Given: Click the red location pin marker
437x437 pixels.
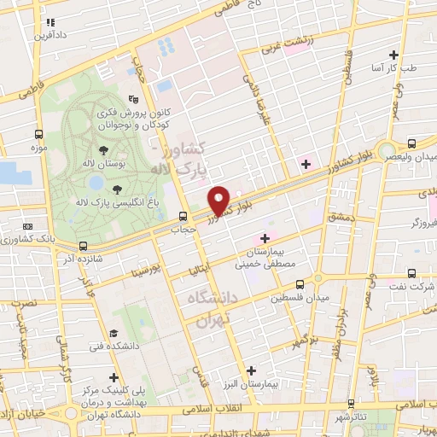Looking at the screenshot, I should pyautogui.click(x=219, y=201).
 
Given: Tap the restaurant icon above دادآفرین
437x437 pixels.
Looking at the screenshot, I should pyautogui.click(x=50, y=22).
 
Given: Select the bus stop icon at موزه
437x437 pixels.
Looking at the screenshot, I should pyautogui.click(x=38, y=134).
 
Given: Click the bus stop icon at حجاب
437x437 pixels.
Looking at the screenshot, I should pyautogui.click(x=183, y=216).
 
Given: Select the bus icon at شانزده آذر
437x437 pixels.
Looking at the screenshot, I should pyautogui.click(x=83, y=246).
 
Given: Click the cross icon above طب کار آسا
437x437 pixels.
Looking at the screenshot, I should pyautogui.click(x=393, y=53).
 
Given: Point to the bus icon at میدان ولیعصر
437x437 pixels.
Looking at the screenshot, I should pyautogui.click(x=412, y=143).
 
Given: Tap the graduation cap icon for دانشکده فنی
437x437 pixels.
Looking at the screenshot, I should pyautogui.click(x=113, y=334).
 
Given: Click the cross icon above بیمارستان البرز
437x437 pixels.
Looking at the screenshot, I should pyautogui.click(x=250, y=370).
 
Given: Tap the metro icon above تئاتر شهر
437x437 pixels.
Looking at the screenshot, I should pyautogui.click(x=374, y=404).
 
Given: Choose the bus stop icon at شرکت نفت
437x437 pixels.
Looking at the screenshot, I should pyautogui.click(x=412, y=274).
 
